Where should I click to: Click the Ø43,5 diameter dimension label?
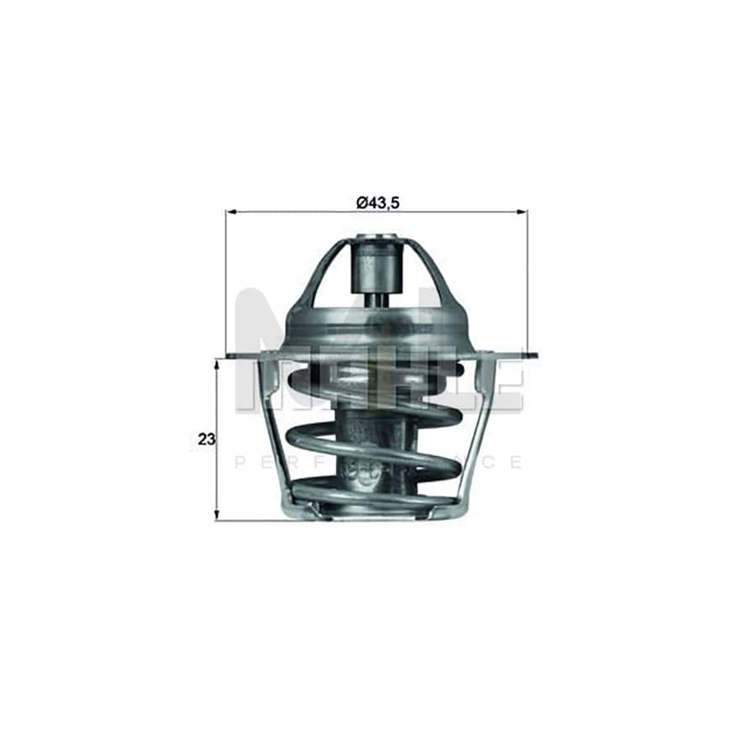[376, 202]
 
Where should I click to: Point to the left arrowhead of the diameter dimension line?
[230, 212]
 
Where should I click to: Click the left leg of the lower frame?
[274, 428]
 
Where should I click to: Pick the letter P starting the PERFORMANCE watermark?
[240, 462]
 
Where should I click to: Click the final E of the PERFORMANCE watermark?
[516, 462]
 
